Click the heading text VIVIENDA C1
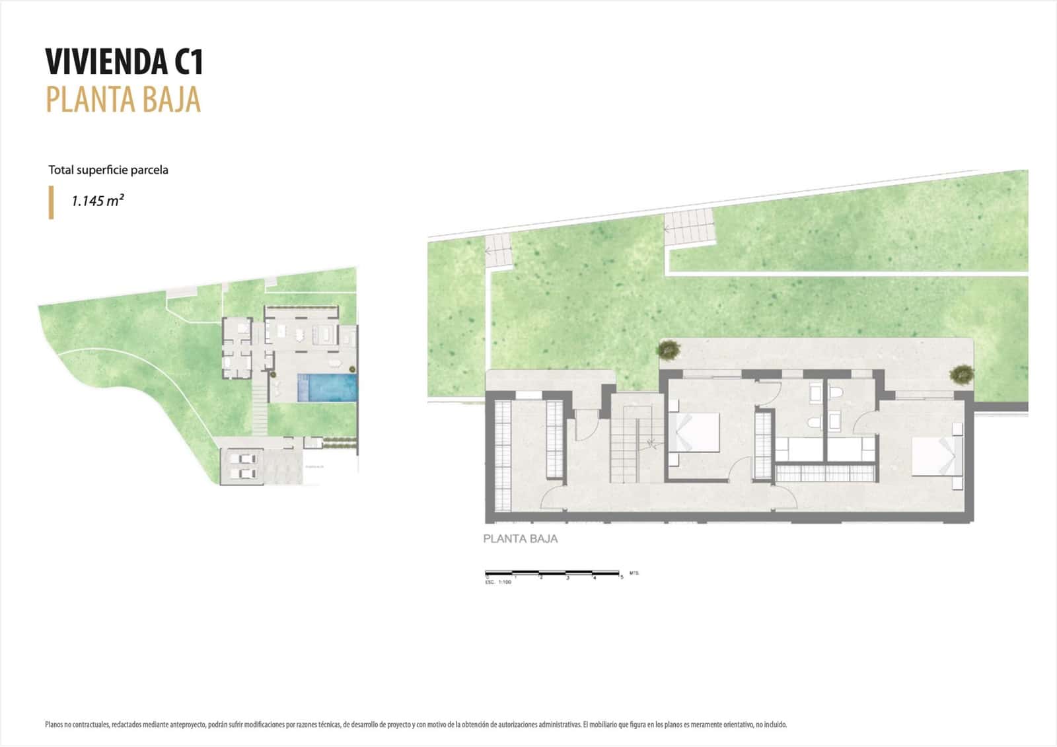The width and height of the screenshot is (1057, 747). coord(124,62)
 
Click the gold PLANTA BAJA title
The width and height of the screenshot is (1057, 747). coord(123,100)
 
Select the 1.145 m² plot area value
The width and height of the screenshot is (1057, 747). coord(98,201)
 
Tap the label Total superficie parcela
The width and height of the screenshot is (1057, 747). coord(108,170)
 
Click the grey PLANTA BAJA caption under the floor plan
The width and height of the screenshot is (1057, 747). coord(520,539)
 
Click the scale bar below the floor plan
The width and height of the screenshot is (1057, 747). coord(552,572)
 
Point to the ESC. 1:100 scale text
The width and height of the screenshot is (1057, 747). coord(499,583)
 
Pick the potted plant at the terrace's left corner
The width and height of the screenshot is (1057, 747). coord(669,348)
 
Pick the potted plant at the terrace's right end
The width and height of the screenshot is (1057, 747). coord(961,374)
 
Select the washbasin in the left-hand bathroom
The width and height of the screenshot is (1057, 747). coord(815,423)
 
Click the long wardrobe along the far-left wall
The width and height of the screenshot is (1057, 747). coord(503,456)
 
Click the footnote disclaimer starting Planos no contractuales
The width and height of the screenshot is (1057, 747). coord(416,725)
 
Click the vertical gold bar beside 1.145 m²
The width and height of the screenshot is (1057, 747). coord(52,202)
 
